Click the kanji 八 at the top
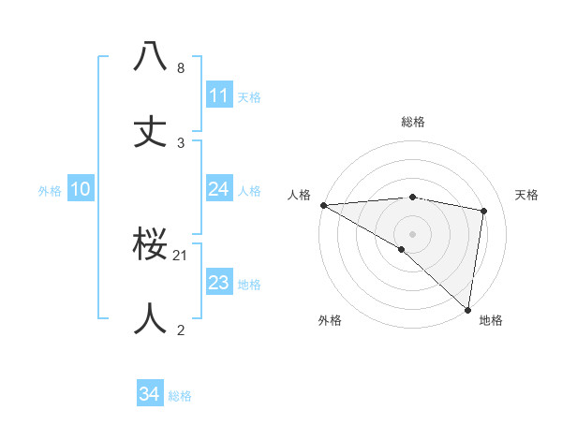coord(151,57)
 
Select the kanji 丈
coord(151,132)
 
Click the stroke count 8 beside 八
coord(181,68)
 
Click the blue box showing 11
coord(219,95)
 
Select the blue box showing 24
coord(219,189)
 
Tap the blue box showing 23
coord(219,283)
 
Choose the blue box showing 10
coord(81,189)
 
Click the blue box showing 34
coord(149,395)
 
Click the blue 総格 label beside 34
coord(181,396)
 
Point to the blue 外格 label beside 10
coord(50,190)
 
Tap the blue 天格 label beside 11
coord(249,96)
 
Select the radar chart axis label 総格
coord(413,122)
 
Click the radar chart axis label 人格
coord(299,195)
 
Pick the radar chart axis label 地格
coord(491,320)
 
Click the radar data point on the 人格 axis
coord(323,205)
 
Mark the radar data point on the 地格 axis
coord(467,309)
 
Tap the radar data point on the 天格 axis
coord(484,211)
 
